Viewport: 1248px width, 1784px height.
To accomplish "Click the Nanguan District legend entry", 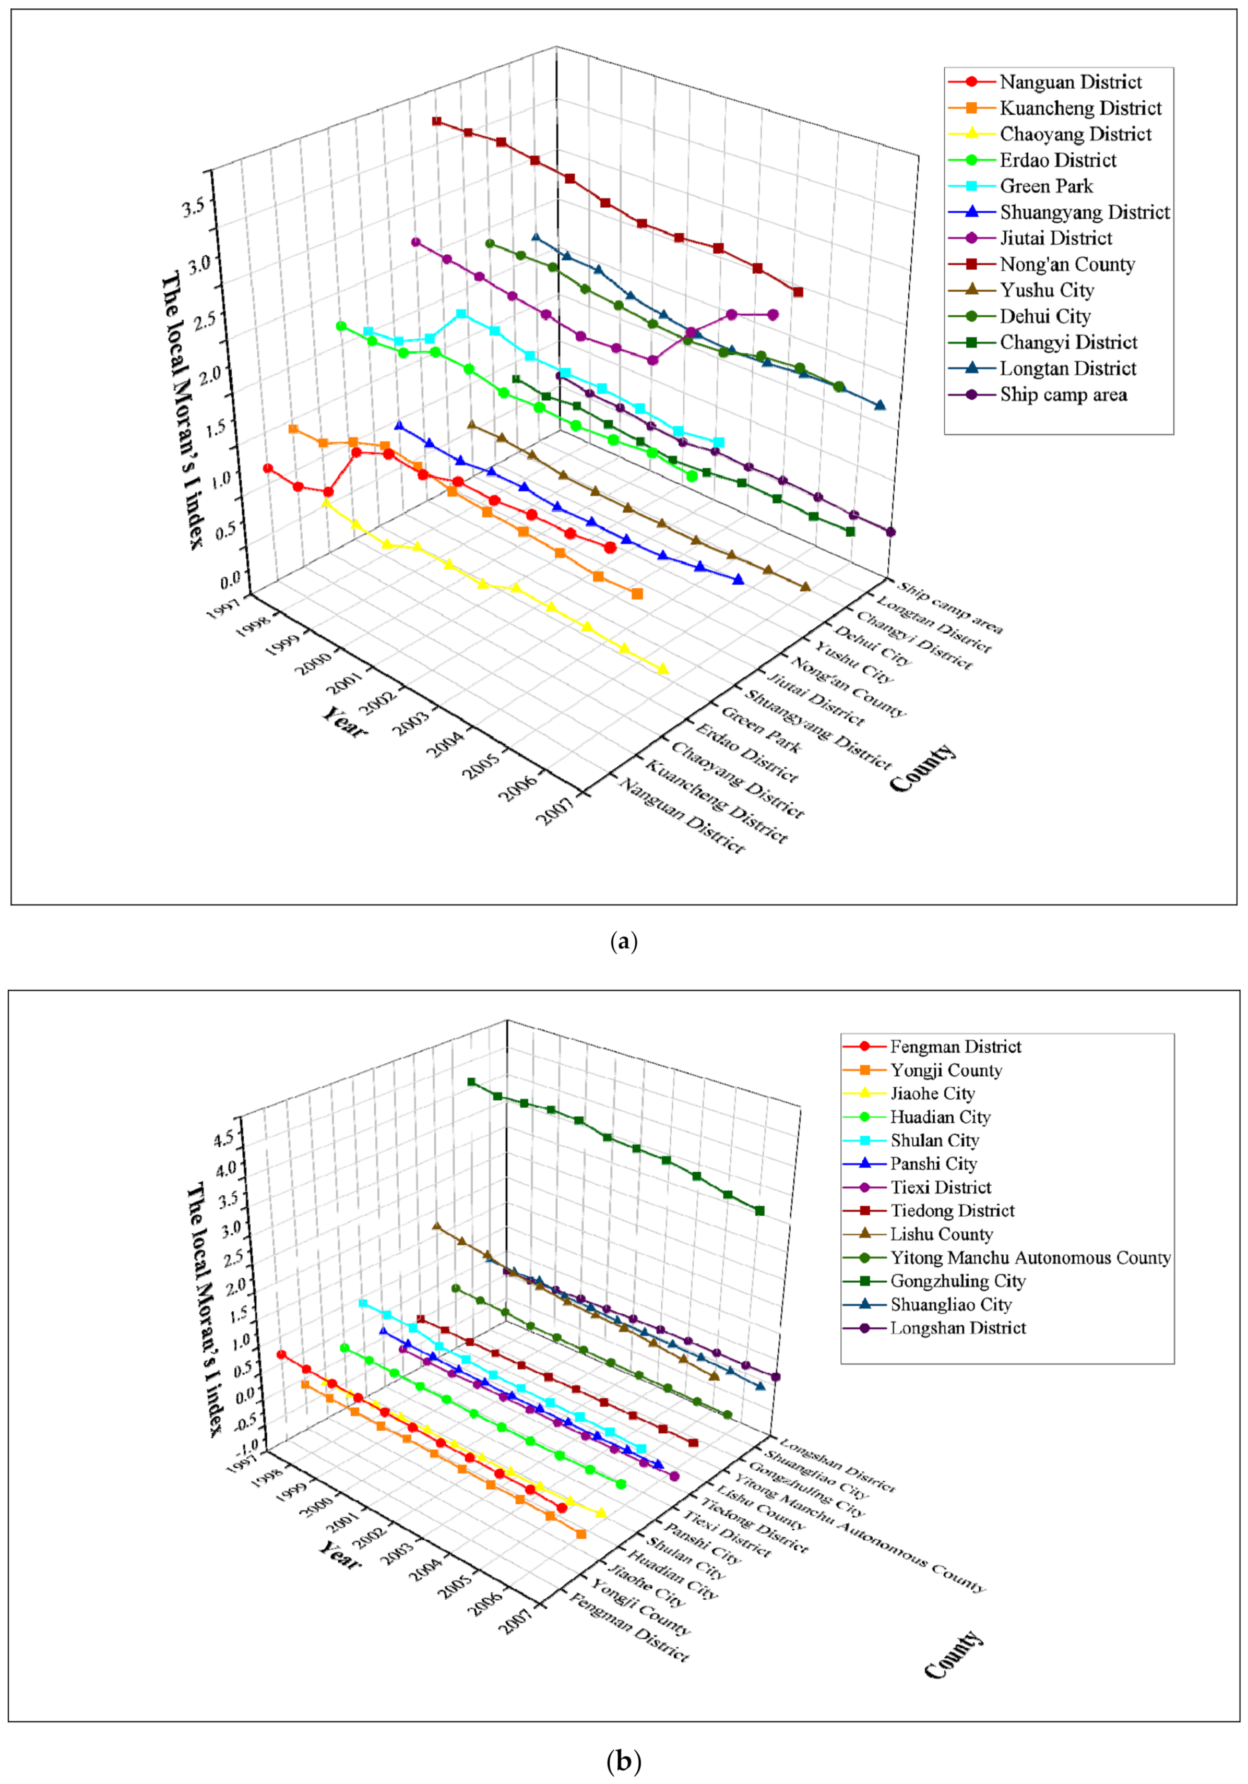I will click(1069, 82).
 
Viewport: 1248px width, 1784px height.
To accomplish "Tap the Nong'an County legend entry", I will click(1066, 265).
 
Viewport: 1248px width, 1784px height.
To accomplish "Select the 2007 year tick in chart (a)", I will click(560, 813).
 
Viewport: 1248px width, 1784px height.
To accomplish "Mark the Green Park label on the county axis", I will click(760, 729).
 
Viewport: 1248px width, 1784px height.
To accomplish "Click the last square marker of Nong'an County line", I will click(798, 292).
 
